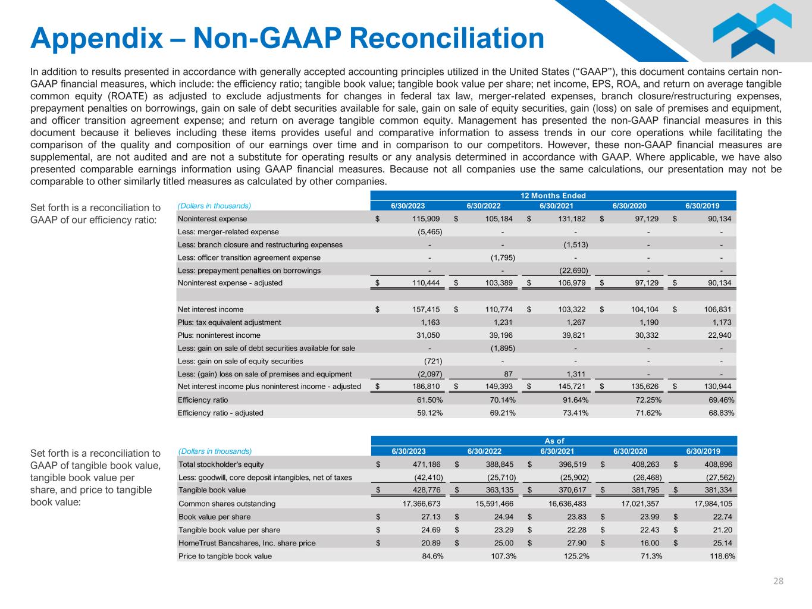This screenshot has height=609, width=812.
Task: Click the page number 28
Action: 778,581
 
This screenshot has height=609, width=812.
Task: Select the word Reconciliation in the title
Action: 444,38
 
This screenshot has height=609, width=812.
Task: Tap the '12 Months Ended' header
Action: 553,196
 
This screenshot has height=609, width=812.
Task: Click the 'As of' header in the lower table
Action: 554,441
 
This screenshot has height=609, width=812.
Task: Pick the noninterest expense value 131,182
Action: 571,219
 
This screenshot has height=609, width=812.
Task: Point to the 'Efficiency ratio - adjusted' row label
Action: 220,413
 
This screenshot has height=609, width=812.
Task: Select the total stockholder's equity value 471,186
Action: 426,464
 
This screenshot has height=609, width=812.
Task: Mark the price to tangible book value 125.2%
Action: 575,556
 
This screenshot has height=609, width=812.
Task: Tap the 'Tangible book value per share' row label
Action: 229,530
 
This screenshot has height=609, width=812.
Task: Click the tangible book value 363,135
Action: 499,490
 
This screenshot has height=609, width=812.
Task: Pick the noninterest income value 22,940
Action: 719,335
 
